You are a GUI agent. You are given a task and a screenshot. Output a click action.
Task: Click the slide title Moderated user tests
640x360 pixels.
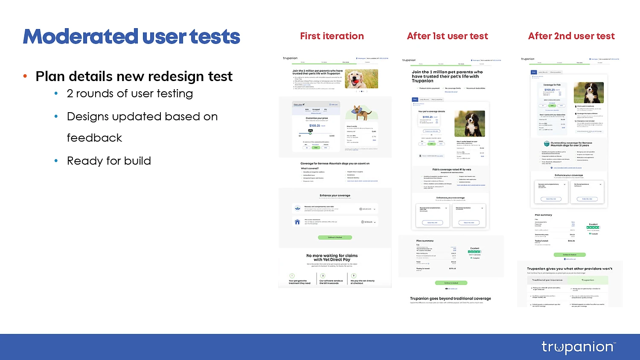coord(131,37)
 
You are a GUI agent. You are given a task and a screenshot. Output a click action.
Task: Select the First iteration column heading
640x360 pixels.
coord(332,36)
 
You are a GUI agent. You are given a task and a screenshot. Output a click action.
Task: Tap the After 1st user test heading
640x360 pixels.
coord(447,36)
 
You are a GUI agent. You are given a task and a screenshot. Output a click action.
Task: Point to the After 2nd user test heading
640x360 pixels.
coord(571,36)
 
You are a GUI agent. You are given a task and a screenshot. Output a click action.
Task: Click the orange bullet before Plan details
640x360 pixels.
coord(25,76)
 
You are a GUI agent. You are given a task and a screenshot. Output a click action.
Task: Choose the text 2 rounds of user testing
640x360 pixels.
coord(130,93)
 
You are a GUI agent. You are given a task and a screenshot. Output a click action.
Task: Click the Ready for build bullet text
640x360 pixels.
coord(109,161)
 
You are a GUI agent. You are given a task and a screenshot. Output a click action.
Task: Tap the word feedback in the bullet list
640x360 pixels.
coord(94,138)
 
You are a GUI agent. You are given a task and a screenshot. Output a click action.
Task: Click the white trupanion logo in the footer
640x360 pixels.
coord(578,347)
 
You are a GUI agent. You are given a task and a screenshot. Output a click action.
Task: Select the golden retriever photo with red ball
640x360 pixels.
coord(361,79)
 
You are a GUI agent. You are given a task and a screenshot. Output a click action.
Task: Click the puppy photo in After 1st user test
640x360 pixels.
coord(470,123)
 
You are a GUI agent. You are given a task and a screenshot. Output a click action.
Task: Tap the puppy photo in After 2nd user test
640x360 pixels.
coord(588,93)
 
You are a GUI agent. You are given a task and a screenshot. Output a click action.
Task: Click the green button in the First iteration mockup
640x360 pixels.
coord(335,237)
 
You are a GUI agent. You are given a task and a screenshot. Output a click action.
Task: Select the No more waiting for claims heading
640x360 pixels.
coord(332,258)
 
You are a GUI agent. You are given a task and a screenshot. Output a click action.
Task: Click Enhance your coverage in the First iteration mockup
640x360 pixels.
coord(335,195)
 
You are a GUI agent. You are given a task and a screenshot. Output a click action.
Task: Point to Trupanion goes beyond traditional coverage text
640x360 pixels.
coord(450,299)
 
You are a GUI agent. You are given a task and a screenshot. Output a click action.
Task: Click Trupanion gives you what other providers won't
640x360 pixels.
coord(569,269)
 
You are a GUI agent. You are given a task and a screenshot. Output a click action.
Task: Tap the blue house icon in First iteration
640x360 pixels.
coord(297,222)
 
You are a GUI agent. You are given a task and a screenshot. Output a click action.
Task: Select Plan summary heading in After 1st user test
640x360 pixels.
coord(425,241)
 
